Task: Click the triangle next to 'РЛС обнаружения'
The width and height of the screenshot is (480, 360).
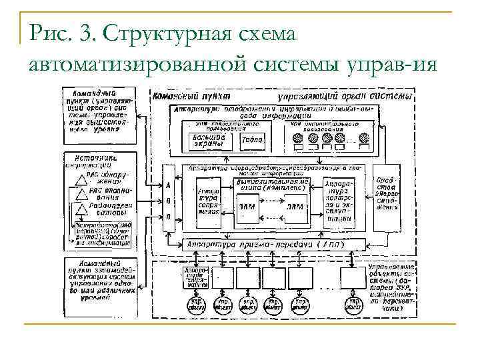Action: (78, 176)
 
